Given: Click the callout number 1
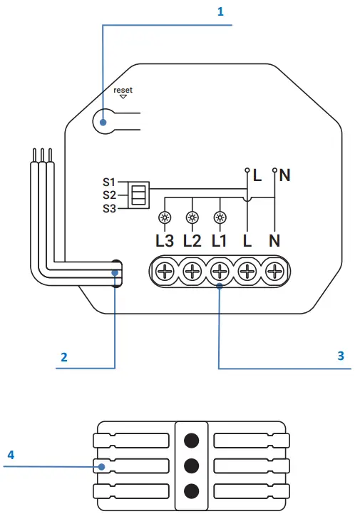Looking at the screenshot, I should [220, 12].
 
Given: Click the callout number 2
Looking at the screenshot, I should [64, 357].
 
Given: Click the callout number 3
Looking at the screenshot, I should [341, 355].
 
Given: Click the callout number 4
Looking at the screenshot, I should [10, 453].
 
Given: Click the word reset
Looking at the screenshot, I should [123, 90].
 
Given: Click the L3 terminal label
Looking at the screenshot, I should [164, 240].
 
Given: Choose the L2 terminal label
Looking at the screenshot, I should [192, 240].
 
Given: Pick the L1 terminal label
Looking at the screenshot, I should [220, 240].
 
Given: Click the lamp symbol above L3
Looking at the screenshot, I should [164, 218].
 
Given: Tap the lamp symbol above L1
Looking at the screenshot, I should [220, 218].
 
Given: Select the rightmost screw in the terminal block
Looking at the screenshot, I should [275, 272].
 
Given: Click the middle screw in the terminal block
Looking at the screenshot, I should [220, 272].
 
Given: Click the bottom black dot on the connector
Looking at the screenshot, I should [191, 491].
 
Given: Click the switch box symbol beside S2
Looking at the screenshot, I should [140, 194].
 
